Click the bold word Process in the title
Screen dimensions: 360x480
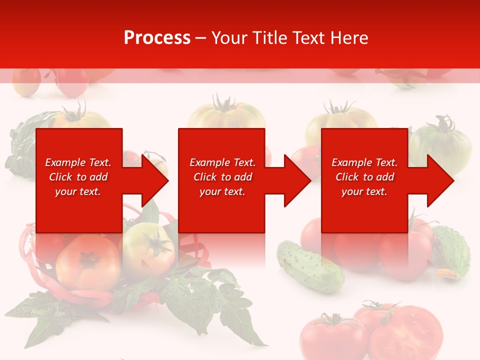pyautogui.click(x=157, y=38)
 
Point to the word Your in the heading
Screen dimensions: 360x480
pyautogui.click(x=231, y=38)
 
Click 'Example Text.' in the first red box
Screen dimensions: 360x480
pyautogui.click(x=78, y=162)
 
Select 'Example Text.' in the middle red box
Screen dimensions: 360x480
pyautogui.click(x=222, y=162)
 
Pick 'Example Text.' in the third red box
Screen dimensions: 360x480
pyautogui.click(x=364, y=162)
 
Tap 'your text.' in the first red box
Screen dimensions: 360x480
pyautogui.click(x=78, y=191)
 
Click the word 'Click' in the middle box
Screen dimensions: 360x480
pyautogui.click(x=204, y=177)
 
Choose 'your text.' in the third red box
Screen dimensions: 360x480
pyautogui.click(x=364, y=191)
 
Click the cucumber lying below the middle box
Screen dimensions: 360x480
pyautogui.click(x=310, y=266)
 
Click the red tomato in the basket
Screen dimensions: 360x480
pyautogui.click(x=87, y=262)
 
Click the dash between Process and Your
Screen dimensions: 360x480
pyautogui.click(x=201, y=38)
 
